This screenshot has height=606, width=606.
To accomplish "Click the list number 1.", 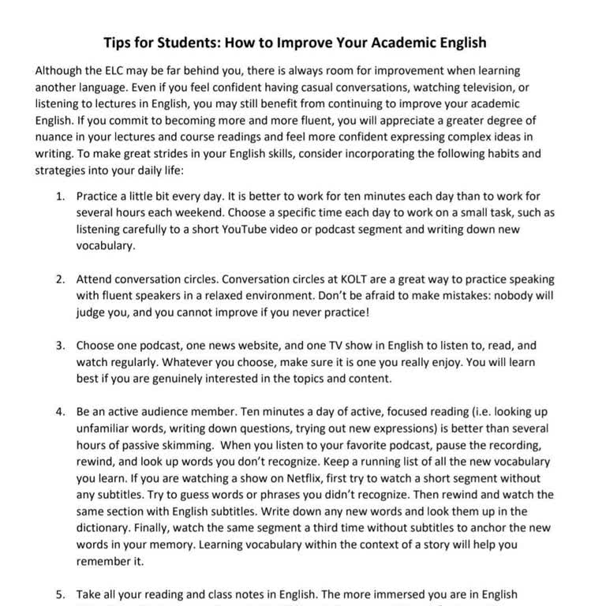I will point(59,196).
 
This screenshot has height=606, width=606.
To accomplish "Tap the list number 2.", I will point(59,279).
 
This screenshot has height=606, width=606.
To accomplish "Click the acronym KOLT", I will point(358,279).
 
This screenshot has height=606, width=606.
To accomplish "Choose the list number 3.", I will point(59,346).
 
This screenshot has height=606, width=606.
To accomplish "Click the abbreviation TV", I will point(341,346).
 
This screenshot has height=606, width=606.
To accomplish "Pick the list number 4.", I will point(59,413).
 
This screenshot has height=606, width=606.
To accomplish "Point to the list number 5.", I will point(59,595).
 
